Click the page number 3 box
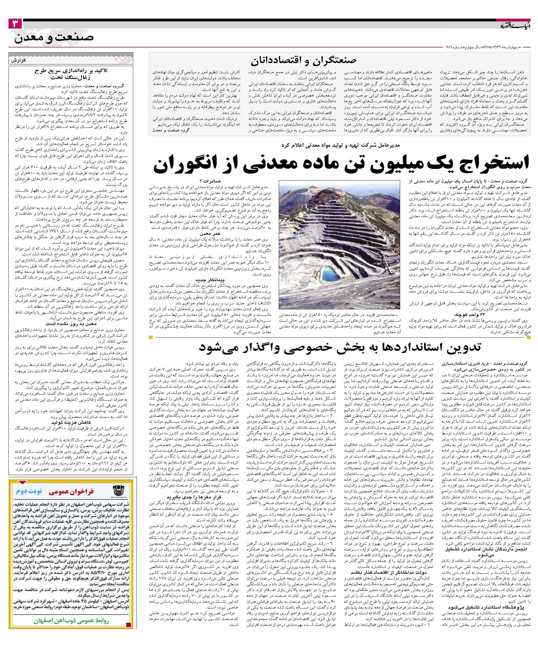(x=15, y=24)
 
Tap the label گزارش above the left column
(x=19, y=61)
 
